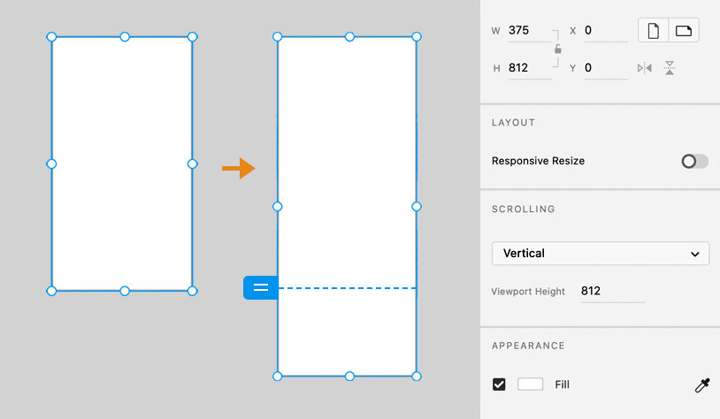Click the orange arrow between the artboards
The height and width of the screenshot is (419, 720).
(x=238, y=169)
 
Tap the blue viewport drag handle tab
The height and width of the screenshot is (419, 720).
(x=260, y=288)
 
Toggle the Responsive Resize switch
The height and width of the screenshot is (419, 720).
(x=694, y=161)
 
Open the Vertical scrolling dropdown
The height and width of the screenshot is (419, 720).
(x=601, y=254)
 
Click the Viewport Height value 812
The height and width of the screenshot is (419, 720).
(x=591, y=291)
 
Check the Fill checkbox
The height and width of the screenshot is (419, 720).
(x=499, y=385)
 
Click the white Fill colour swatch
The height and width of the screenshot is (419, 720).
(x=530, y=385)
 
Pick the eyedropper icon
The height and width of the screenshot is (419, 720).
(x=702, y=385)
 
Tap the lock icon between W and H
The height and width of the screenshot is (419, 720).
(x=558, y=49)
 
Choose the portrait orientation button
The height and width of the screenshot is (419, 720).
(x=654, y=30)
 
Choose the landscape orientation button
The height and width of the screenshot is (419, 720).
(x=684, y=30)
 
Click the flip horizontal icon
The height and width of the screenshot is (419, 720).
(x=645, y=68)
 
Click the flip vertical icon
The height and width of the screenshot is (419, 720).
(x=670, y=68)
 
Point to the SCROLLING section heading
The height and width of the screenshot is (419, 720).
(x=524, y=209)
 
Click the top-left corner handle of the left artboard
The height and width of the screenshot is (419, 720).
(x=51, y=37)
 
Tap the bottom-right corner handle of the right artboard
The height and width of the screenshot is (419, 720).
(x=417, y=377)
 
